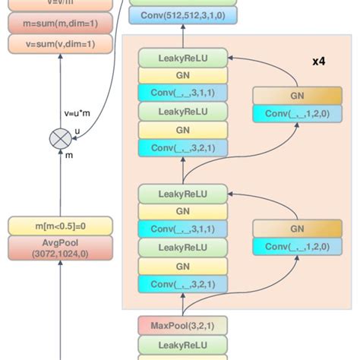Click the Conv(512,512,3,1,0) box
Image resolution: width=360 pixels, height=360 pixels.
[182, 15]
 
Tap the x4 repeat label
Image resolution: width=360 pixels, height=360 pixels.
[320, 60]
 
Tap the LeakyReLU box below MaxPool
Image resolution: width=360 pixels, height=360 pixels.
[182, 344]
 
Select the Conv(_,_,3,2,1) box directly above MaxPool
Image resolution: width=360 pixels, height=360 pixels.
[182, 285]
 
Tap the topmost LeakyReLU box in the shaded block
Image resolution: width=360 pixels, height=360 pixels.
[182, 57]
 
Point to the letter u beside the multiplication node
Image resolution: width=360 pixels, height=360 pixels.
[76, 131]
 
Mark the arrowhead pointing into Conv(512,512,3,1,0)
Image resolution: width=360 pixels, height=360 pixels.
[182, 28]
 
